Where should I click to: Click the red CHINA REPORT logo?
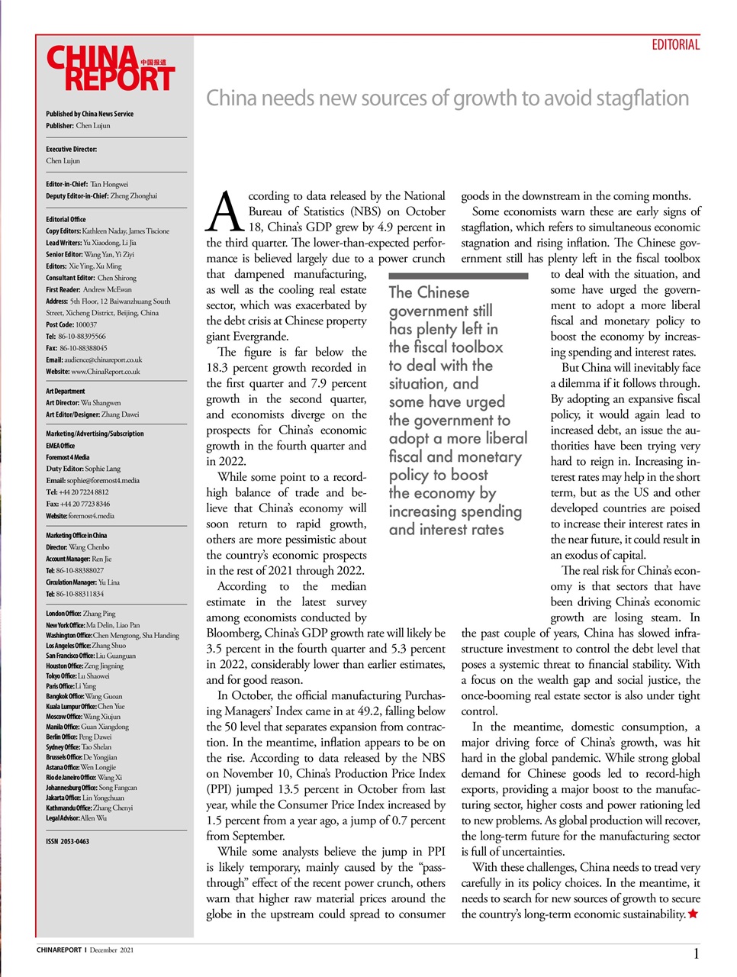pyautogui.click(x=110, y=69)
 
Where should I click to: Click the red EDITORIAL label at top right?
pyautogui.click(x=675, y=45)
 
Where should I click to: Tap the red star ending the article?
pyautogui.click(x=693, y=914)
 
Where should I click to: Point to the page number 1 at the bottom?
pyautogui.click(x=696, y=953)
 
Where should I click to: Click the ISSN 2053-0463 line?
pyautogui.click(x=67, y=841)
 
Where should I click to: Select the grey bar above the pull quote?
pyautogui.click(x=458, y=276)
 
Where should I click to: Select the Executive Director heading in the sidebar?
pyautogui.click(x=71, y=149)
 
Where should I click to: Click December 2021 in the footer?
pyautogui.click(x=111, y=950)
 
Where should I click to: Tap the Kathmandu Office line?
pyautogui.click(x=89, y=808)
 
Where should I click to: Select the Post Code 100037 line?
pyautogui.click(x=71, y=324)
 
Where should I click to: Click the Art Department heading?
pyautogui.click(x=65, y=391)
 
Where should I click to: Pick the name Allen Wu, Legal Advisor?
pyautogui.click(x=93, y=817)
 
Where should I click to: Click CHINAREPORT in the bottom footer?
pyautogui.click(x=59, y=950)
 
